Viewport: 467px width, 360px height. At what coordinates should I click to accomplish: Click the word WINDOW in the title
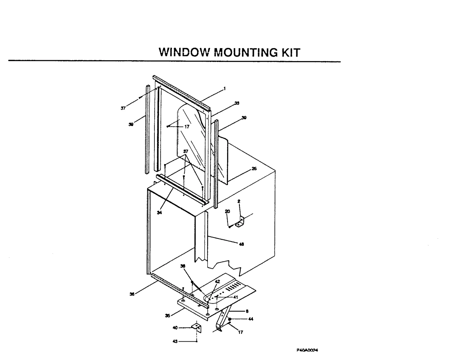coord(184,52)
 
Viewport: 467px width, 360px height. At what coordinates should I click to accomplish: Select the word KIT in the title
coord(290,52)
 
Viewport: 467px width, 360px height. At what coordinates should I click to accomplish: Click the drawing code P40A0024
coord(307,350)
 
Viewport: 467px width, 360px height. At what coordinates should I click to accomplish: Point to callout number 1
coord(224,88)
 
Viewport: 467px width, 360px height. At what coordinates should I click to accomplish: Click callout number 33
coord(237,103)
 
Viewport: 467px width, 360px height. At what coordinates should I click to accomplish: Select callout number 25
coord(254,169)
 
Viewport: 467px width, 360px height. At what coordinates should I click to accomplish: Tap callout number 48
coord(241,244)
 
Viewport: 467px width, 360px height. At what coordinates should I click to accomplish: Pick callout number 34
coord(159,213)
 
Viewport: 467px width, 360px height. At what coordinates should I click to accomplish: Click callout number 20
coord(227,211)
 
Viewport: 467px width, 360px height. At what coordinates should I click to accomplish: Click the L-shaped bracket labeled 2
coord(240,222)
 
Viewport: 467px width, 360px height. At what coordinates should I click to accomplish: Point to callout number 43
coord(175,341)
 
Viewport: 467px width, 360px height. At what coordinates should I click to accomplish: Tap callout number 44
coord(250,319)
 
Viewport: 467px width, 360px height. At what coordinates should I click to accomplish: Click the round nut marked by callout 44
coord(230,319)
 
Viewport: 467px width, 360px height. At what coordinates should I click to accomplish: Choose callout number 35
coord(168,316)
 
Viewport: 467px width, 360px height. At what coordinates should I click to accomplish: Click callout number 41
coord(236,297)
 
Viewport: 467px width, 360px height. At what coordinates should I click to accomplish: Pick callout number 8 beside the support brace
coord(247,311)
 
